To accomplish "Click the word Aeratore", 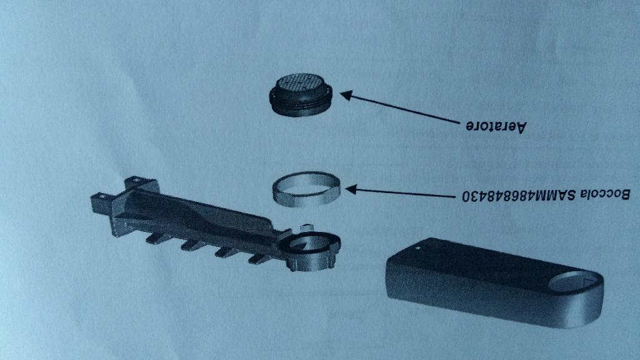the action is coord(496,126).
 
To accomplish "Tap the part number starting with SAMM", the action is coord(519,196).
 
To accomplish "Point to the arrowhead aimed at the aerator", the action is coord(346,96).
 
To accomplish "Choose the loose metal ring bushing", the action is coord(306,189).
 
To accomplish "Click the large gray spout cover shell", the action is coord(494,282).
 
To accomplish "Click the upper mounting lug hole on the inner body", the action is coord(135,179).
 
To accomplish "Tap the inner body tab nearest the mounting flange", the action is coord(156,238).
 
